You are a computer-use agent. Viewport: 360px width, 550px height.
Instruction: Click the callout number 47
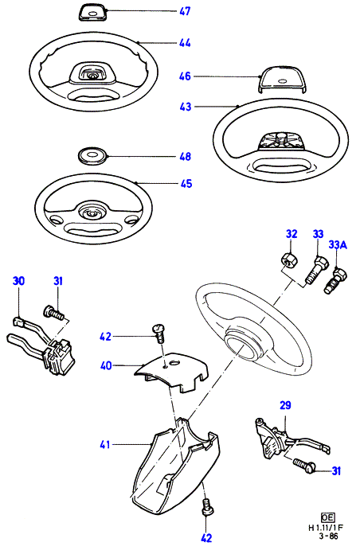point(185,11)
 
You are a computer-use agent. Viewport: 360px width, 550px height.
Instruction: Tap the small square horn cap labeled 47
point(92,13)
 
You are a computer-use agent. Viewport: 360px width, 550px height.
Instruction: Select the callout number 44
point(185,43)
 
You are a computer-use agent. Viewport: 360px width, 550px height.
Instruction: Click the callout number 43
point(186,107)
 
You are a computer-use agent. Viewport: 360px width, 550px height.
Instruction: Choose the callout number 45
point(186,183)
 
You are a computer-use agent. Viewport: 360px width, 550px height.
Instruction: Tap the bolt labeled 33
point(315,271)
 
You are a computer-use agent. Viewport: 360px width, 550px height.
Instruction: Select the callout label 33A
point(338,244)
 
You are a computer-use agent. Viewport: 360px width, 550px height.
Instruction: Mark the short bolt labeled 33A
point(335,281)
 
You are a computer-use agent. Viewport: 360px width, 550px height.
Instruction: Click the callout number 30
point(18,281)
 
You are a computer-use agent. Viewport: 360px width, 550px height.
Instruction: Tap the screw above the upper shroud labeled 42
point(158,334)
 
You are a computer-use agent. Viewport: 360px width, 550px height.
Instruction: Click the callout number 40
point(106,365)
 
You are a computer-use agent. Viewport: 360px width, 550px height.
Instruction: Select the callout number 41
point(105,445)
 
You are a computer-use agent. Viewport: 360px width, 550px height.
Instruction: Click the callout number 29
point(285,405)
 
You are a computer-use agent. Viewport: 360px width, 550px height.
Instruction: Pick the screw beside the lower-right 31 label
point(304,466)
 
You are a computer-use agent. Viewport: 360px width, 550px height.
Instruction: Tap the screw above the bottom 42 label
point(206,508)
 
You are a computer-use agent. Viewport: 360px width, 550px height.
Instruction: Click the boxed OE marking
point(327,517)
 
